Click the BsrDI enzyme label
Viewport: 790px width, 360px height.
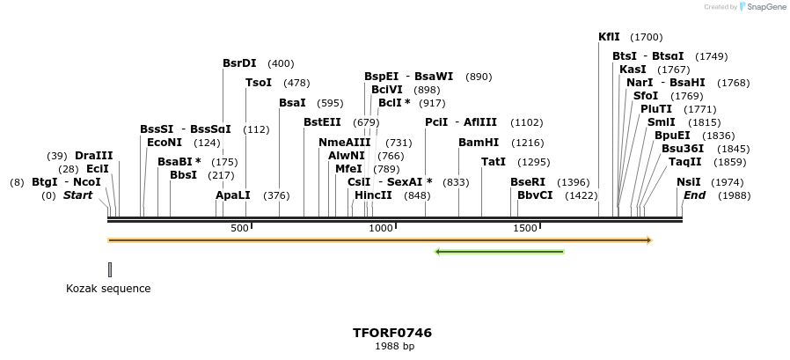point(239,63)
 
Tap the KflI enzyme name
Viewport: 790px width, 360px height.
point(609,37)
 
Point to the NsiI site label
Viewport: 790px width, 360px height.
point(688,181)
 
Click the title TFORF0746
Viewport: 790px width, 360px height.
point(392,333)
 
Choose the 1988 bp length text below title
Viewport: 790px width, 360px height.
point(393,347)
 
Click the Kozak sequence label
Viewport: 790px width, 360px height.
point(108,289)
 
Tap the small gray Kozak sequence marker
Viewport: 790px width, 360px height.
point(110,269)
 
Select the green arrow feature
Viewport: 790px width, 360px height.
point(500,252)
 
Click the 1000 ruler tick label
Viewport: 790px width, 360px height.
point(381,228)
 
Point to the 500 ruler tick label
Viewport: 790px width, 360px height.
point(239,228)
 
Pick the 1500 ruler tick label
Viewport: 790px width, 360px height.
point(525,228)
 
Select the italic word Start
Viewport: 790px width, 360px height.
point(77,195)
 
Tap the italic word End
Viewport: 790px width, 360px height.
point(694,195)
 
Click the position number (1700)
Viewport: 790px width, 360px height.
point(647,37)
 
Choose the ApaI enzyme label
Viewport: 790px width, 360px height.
point(233,195)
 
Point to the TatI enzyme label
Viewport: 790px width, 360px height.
point(494,162)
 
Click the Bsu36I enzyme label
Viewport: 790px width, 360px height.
point(683,149)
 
